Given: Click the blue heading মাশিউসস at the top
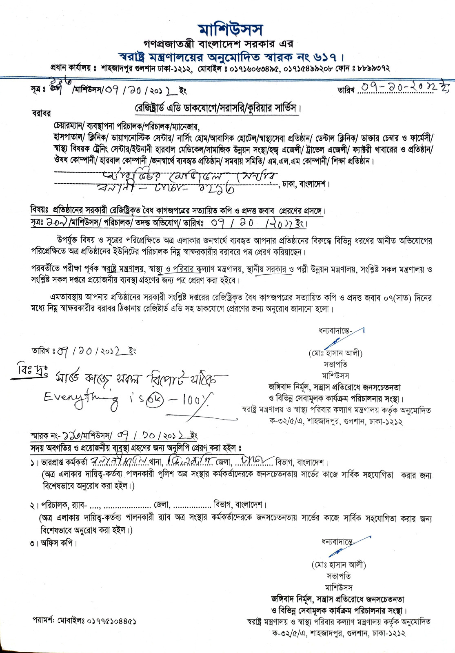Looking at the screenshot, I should pos(231,30).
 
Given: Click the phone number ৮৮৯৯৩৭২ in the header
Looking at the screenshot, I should pos(373,68).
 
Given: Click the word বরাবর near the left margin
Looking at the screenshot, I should pos(41,113).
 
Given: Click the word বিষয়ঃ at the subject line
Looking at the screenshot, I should pos(40,210).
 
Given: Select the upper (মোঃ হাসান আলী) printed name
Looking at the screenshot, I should pos(335,353).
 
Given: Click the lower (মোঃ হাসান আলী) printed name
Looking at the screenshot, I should pos(339,565).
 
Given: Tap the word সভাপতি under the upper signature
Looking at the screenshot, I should pos(335,364).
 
